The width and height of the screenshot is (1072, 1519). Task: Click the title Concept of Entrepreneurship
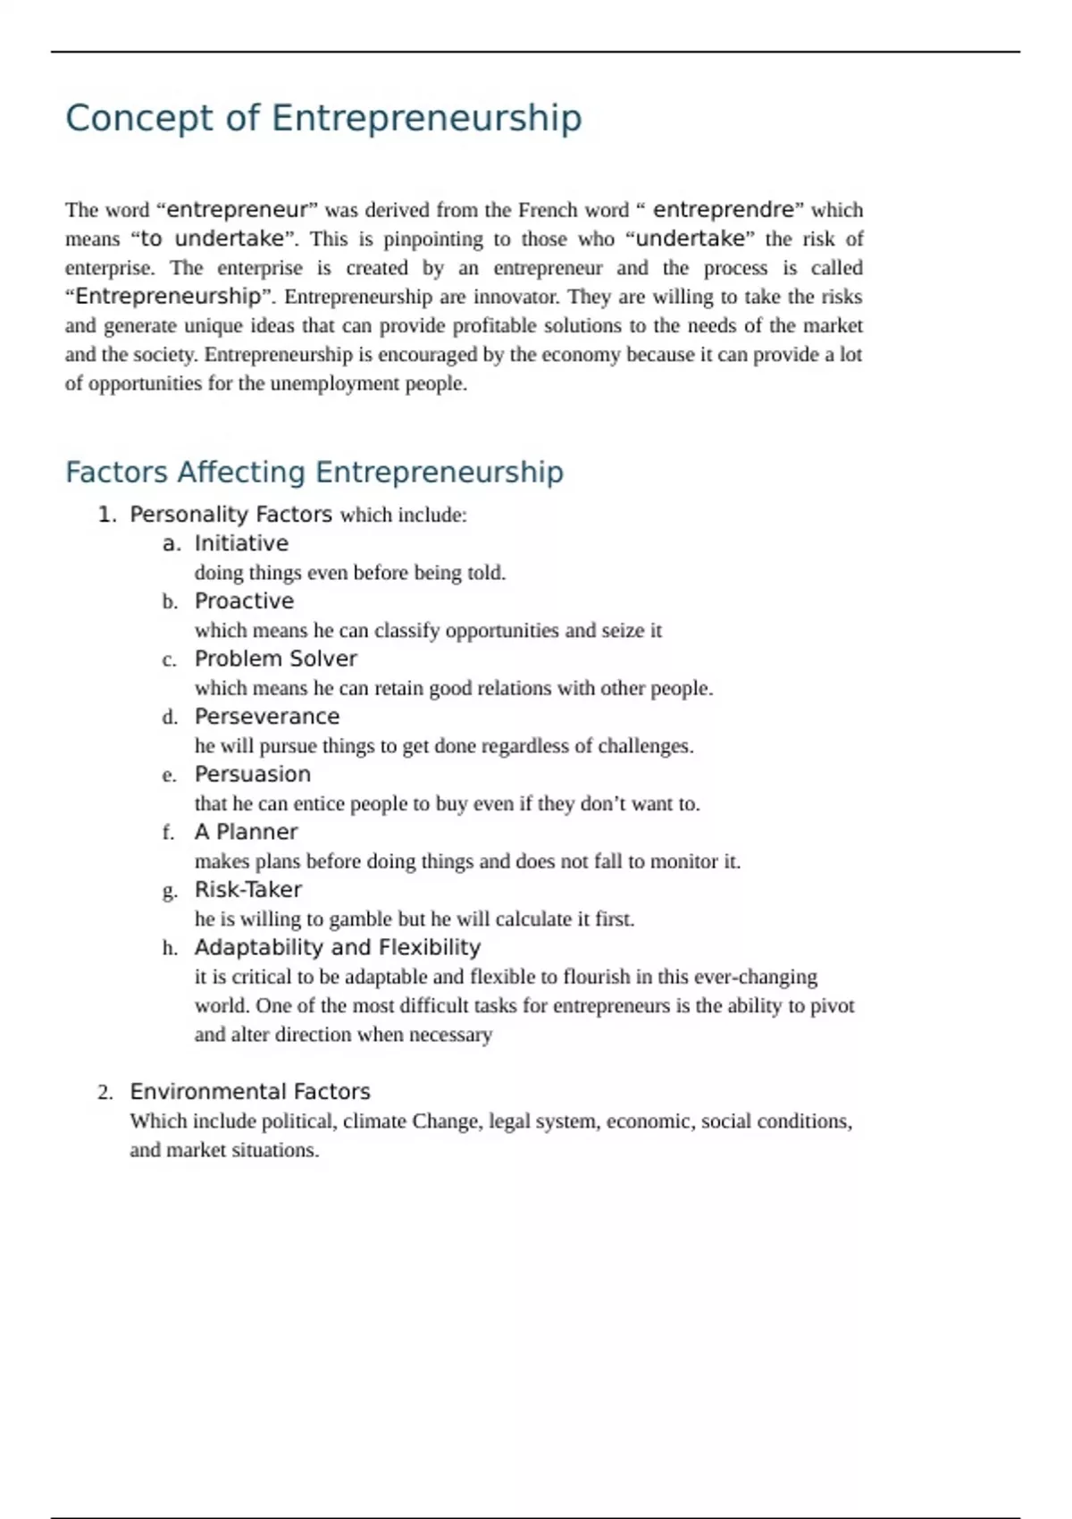(x=323, y=118)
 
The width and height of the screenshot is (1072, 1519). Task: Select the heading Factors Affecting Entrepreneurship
(x=314, y=472)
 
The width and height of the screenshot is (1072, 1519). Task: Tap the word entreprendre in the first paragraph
(x=724, y=210)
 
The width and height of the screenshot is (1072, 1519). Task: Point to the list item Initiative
(x=241, y=543)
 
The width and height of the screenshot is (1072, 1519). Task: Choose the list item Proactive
(x=244, y=601)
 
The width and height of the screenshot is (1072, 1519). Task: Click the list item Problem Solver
(x=275, y=659)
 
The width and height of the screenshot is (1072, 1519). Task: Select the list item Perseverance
(x=267, y=717)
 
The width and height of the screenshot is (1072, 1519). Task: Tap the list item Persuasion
(x=253, y=775)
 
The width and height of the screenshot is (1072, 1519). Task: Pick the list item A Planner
(x=246, y=832)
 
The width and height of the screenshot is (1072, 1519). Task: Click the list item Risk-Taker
(x=247, y=890)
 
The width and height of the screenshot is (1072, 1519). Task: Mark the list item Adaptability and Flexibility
(x=337, y=947)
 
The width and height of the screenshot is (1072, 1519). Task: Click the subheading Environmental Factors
(x=249, y=1092)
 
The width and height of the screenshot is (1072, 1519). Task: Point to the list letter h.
(x=170, y=948)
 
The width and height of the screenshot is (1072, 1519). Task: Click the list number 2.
(x=105, y=1093)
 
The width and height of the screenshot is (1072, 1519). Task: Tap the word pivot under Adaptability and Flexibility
(x=833, y=1006)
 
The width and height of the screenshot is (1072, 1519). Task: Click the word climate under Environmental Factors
(x=374, y=1121)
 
